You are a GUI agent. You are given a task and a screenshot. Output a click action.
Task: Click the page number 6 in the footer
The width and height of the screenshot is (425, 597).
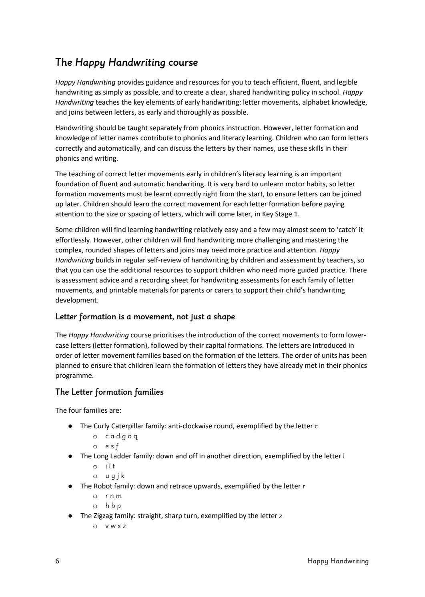pos(57,561)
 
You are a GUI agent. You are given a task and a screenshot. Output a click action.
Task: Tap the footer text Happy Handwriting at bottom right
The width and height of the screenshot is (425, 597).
pos(338,561)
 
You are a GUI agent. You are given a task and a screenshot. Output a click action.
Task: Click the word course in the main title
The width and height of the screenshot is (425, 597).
pos(183,63)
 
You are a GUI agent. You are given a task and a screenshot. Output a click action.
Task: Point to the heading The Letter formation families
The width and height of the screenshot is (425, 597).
pos(109,392)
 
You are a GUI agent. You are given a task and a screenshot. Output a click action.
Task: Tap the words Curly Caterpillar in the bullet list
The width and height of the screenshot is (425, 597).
pos(118,426)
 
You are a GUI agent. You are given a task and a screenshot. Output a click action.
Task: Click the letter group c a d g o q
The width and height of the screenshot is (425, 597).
pos(121,436)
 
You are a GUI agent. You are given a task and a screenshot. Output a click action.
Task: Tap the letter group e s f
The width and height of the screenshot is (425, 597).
pos(112,446)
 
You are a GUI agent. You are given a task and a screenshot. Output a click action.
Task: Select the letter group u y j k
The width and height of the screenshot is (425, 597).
pos(115,476)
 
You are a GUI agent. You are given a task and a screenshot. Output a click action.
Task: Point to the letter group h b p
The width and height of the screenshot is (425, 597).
pos(113,506)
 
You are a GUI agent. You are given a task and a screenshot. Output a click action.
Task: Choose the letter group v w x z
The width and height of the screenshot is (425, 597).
pos(115,526)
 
